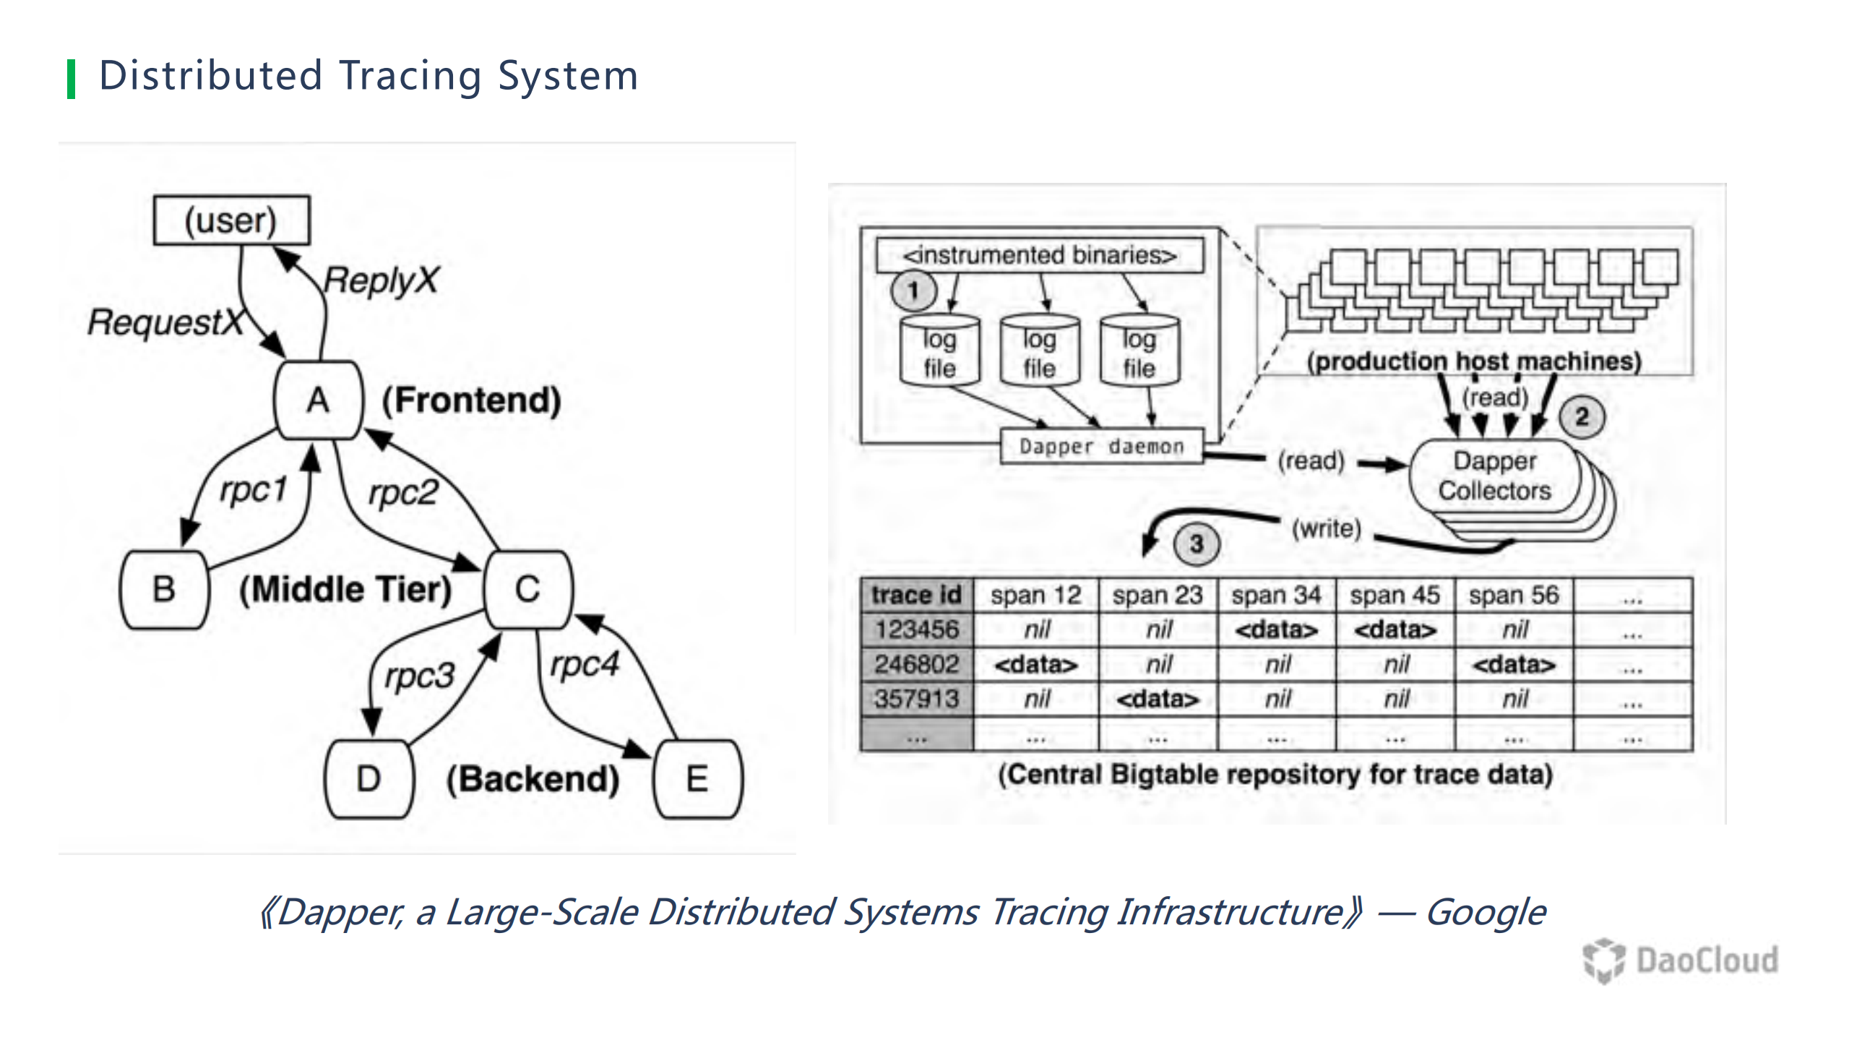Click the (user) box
click(231, 220)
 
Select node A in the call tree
click(318, 400)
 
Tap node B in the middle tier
click(164, 589)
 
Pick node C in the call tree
click(527, 589)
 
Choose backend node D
click(368, 779)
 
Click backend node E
click(697, 779)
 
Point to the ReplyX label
click(381, 280)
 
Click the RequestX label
click(165, 322)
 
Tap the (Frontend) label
click(472, 400)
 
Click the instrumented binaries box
click(1040, 255)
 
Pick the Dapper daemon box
click(1101, 446)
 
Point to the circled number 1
click(913, 291)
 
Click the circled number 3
click(1197, 543)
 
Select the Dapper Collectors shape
click(1495, 476)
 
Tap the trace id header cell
click(916, 595)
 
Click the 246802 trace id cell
click(916, 664)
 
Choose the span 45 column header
click(1395, 595)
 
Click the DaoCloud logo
click(1681, 961)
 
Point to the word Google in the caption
click(1486, 912)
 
